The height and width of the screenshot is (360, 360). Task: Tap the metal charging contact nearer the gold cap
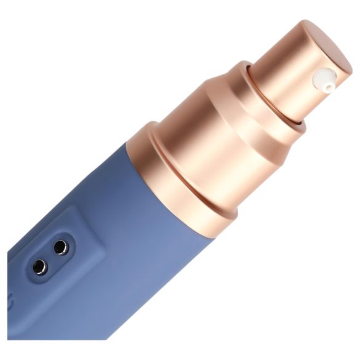click(x=60, y=247)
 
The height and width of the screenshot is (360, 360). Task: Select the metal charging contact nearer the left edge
click(x=40, y=266)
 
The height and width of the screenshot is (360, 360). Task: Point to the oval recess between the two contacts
click(x=50, y=257)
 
